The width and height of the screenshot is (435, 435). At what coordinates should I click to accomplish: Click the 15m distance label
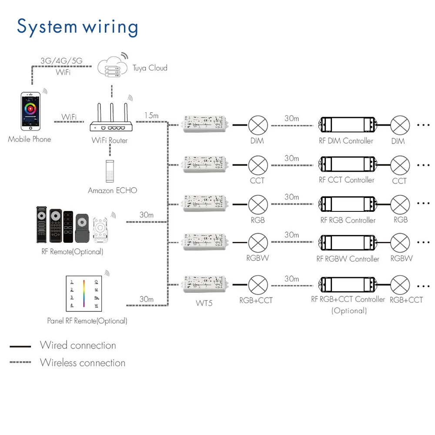click(151, 116)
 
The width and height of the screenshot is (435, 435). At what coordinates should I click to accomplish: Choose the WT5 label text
click(204, 303)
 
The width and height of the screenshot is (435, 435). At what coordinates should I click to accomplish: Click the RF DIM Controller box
click(347, 125)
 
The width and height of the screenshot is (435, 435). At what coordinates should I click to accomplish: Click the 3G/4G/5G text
click(61, 61)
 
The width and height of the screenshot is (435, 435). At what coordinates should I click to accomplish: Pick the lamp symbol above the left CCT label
click(258, 165)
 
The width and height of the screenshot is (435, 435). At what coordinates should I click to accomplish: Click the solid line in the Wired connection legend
click(20, 347)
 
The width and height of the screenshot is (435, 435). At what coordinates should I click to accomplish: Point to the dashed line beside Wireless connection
click(20, 362)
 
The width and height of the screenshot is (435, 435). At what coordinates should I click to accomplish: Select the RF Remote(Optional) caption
click(70, 251)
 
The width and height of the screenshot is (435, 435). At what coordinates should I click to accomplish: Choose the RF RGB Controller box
click(347, 204)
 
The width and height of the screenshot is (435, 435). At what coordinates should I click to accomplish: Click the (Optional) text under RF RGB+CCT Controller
click(349, 311)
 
